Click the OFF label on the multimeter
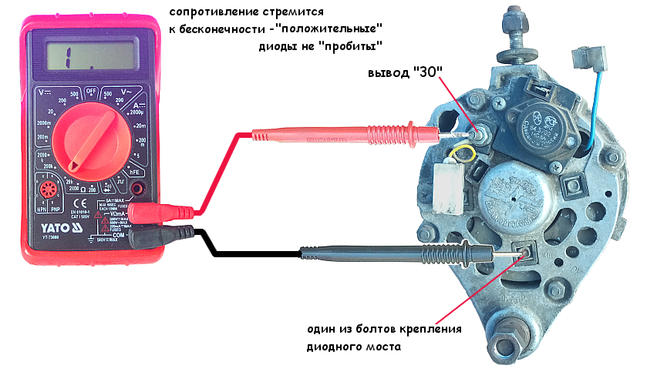(x=92, y=91)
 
